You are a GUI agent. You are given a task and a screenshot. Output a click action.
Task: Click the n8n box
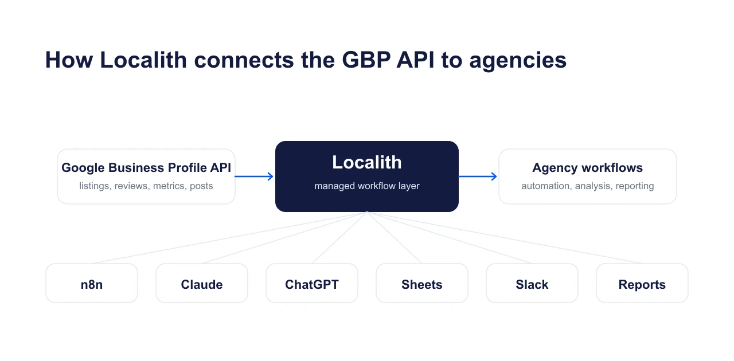click(x=92, y=284)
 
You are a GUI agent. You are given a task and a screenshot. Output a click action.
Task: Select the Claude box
click(x=202, y=284)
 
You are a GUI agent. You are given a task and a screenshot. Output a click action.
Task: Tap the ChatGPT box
click(x=312, y=284)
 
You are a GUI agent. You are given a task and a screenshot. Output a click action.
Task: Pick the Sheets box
click(x=422, y=284)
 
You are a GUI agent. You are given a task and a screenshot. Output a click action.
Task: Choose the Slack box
click(x=532, y=284)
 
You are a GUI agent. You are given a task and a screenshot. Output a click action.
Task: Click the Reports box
click(x=642, y=284)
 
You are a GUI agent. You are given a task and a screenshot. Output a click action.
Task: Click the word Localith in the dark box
click(x=367, y=163)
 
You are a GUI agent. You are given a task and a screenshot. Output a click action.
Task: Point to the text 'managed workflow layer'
click(x=367, y=186)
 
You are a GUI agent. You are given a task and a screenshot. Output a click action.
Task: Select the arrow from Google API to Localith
click(x=255, y=176)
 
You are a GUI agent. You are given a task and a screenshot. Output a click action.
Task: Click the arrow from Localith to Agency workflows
click(x=478, y=176)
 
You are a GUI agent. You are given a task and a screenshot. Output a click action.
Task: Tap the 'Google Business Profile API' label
click(x=146, y=168)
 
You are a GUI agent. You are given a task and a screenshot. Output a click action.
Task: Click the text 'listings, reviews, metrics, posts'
click(x=146, y=186)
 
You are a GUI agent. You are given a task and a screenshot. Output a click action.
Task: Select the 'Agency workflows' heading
click(x=587, y=168)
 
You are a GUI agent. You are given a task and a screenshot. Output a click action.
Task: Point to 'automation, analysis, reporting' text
click(x=587, y=186)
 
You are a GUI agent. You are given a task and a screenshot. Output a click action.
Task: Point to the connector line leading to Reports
click(x=505, y=237)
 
